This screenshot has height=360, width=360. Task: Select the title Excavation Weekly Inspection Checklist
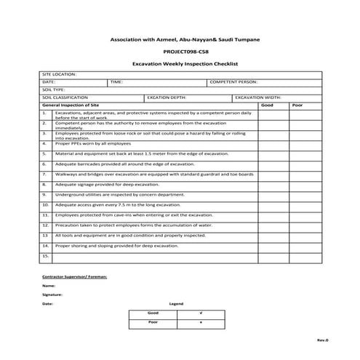[x=180, y=63]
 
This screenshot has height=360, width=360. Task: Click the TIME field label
[x=116, y=82]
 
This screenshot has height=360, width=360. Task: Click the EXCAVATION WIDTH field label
[x=258, y=97]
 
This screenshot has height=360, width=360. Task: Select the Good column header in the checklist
[x=267, y=105]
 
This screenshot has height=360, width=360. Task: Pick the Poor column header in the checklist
[x=297, y=105]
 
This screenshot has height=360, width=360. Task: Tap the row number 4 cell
[x=45, y=144]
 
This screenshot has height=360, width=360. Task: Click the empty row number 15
[x=45, y=256]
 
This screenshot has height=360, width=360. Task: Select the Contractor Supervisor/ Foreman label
[x=75, y=277]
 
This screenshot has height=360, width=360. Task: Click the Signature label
[x=52, y=295]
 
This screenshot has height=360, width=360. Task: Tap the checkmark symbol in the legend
[x=200, y=312]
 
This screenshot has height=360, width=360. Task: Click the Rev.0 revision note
[x=323, y=340]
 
